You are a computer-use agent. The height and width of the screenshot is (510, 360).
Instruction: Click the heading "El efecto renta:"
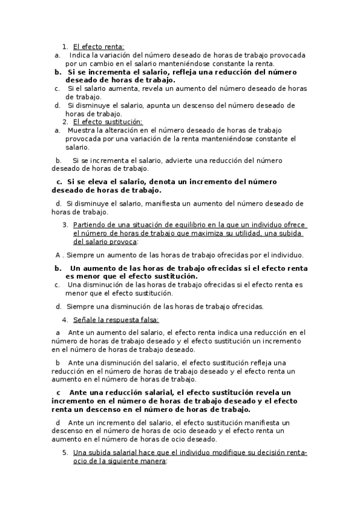(99, 46)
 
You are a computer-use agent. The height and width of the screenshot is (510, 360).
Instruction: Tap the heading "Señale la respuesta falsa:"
(116, 320)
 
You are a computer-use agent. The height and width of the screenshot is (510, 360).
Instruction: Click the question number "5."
(66, 452)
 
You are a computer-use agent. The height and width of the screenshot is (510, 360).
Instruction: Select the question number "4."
(66, 320)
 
